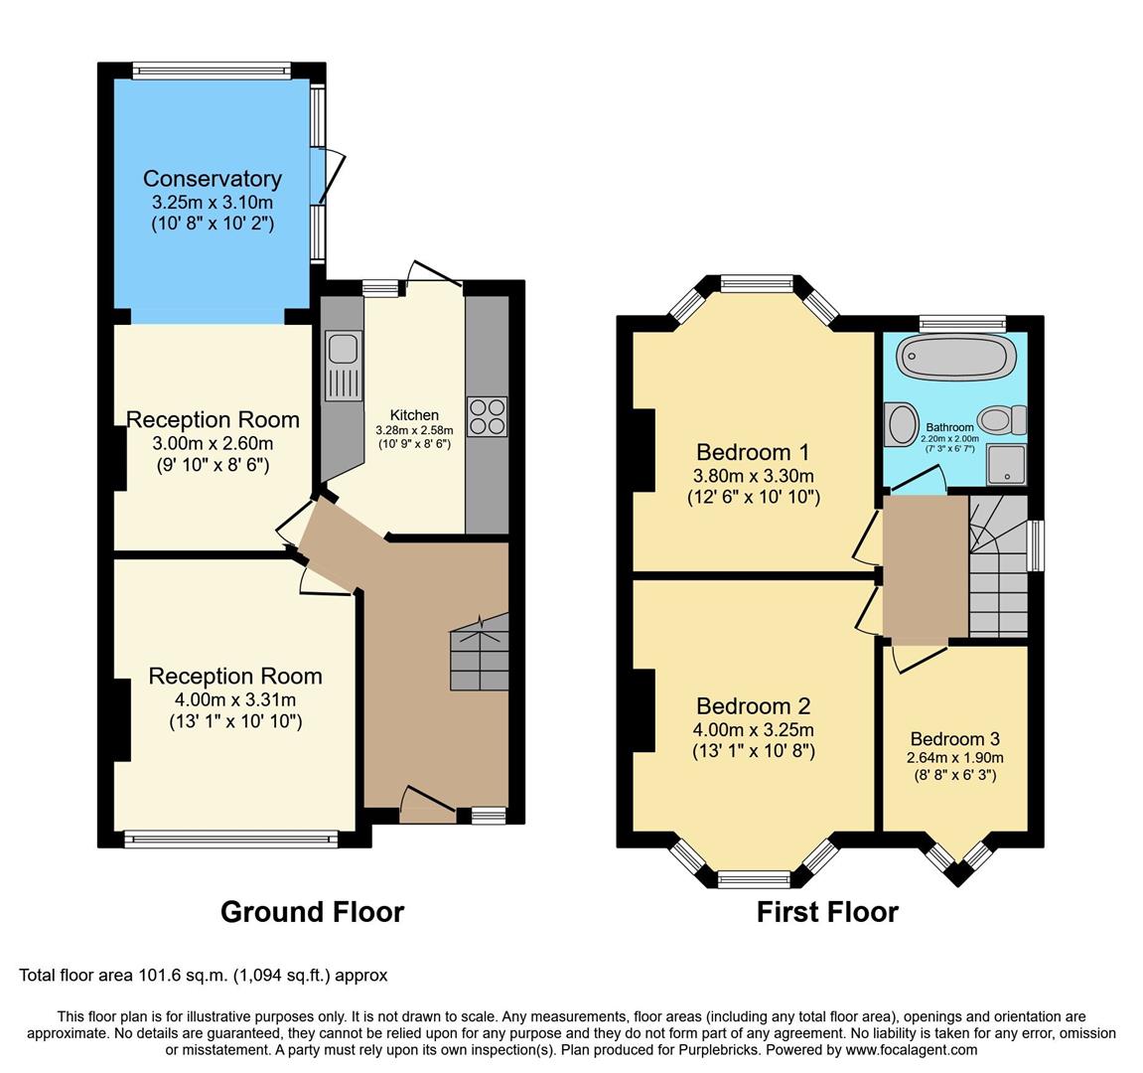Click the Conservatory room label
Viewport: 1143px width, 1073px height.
tap(213, 179)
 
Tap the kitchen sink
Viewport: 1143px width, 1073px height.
tap(343, 367)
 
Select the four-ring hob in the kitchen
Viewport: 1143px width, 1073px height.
tap(487, 416)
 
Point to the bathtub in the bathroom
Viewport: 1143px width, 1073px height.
tap(956, 358)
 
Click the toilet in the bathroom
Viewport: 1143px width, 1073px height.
tap(1002, 420)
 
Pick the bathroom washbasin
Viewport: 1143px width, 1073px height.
tap(903, 424)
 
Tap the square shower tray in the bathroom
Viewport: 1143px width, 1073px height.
tap(1007, 465)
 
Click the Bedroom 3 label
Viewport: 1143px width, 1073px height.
tap(955, 739)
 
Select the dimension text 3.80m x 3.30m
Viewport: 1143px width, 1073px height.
tap(754, 476)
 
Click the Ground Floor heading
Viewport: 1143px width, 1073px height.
tap(312, 912)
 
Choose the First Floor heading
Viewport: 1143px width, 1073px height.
tap(827, 912)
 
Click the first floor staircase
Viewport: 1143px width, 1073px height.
tap(998, 566)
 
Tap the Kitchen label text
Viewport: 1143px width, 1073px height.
tap(414, 415)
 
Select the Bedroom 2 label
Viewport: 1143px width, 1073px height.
tap(754, 706)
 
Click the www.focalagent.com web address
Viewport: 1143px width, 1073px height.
tap(912, 1050)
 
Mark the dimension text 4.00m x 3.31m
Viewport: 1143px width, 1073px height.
tap(235, 700)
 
